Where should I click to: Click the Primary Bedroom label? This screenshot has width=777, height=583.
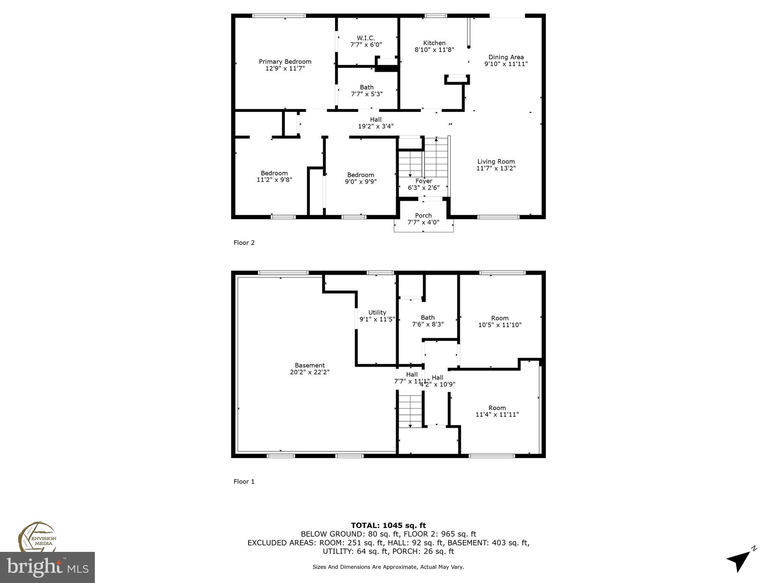point(285,62)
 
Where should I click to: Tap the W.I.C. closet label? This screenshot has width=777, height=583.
point(366,38)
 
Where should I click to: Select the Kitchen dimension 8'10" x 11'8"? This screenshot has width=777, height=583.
point(434,50)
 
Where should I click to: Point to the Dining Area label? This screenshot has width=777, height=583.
point(506,57)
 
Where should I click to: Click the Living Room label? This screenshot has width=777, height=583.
point(496,162)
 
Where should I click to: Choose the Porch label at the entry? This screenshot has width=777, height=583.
point(423,216)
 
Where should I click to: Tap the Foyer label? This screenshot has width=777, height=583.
point(423,181)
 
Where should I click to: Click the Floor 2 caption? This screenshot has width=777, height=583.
point(244,243)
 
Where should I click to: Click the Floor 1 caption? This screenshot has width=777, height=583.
point(244,482)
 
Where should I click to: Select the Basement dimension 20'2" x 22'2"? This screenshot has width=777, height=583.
point(310,372)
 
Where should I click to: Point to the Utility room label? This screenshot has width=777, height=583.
point(377,313)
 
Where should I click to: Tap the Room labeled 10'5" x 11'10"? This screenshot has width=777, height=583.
point(500,321)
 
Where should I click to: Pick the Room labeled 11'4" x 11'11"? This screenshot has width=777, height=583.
point(497,411)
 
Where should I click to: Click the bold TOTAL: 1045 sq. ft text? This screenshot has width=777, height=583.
point(388,525)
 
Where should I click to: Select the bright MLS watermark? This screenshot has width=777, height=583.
point(47,567)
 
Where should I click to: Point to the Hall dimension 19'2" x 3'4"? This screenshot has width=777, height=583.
point(376,126)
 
